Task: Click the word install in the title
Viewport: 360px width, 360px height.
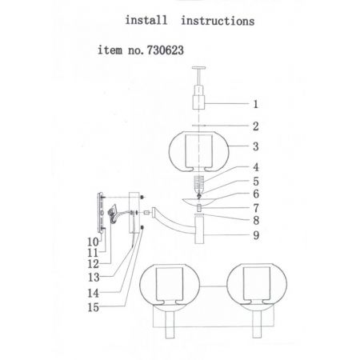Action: (146, 20)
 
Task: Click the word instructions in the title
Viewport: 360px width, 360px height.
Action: (218, 21)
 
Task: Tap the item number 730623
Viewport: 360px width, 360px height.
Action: (166, 50)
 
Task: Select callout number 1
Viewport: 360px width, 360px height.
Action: (255, 104)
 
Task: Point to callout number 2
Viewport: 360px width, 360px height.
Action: (256, 126)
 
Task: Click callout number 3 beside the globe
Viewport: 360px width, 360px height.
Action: (256, 146)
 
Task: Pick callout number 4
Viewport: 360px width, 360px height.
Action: (256, 167)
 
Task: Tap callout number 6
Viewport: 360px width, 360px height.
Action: (256, 194)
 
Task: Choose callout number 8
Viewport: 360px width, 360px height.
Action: (256, 221)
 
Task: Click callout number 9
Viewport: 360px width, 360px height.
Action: (256, 235)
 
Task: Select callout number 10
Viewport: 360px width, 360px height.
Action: (93, 242)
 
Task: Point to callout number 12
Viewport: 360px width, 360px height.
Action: (93, 264)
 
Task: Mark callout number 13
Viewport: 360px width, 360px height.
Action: (94, 278)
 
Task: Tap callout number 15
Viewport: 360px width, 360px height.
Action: (94, 307)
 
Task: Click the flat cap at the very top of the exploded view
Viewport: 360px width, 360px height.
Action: (199, 68)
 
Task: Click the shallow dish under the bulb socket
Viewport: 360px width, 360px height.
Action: (198, 201)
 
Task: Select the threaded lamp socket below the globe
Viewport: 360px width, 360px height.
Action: (198, 182)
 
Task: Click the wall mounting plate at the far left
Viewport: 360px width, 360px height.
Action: (100, 213)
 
